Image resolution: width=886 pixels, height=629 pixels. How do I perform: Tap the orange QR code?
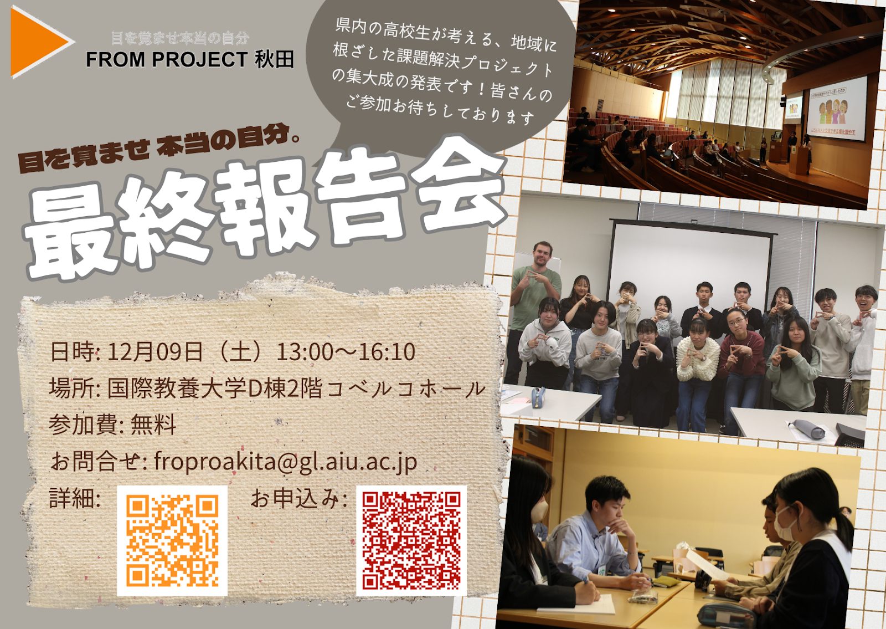pos(172,541)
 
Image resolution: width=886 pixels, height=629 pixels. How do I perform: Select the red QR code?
pos(411,541)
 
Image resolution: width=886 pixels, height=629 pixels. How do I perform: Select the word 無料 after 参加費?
pos(153,425)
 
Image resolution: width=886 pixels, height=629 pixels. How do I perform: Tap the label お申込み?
pos(298,499)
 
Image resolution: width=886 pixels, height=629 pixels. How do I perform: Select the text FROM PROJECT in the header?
pos(167,60)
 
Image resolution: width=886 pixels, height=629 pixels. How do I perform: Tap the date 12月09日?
pos(155,351)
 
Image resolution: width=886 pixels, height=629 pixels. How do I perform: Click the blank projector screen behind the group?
pos(690,269)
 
